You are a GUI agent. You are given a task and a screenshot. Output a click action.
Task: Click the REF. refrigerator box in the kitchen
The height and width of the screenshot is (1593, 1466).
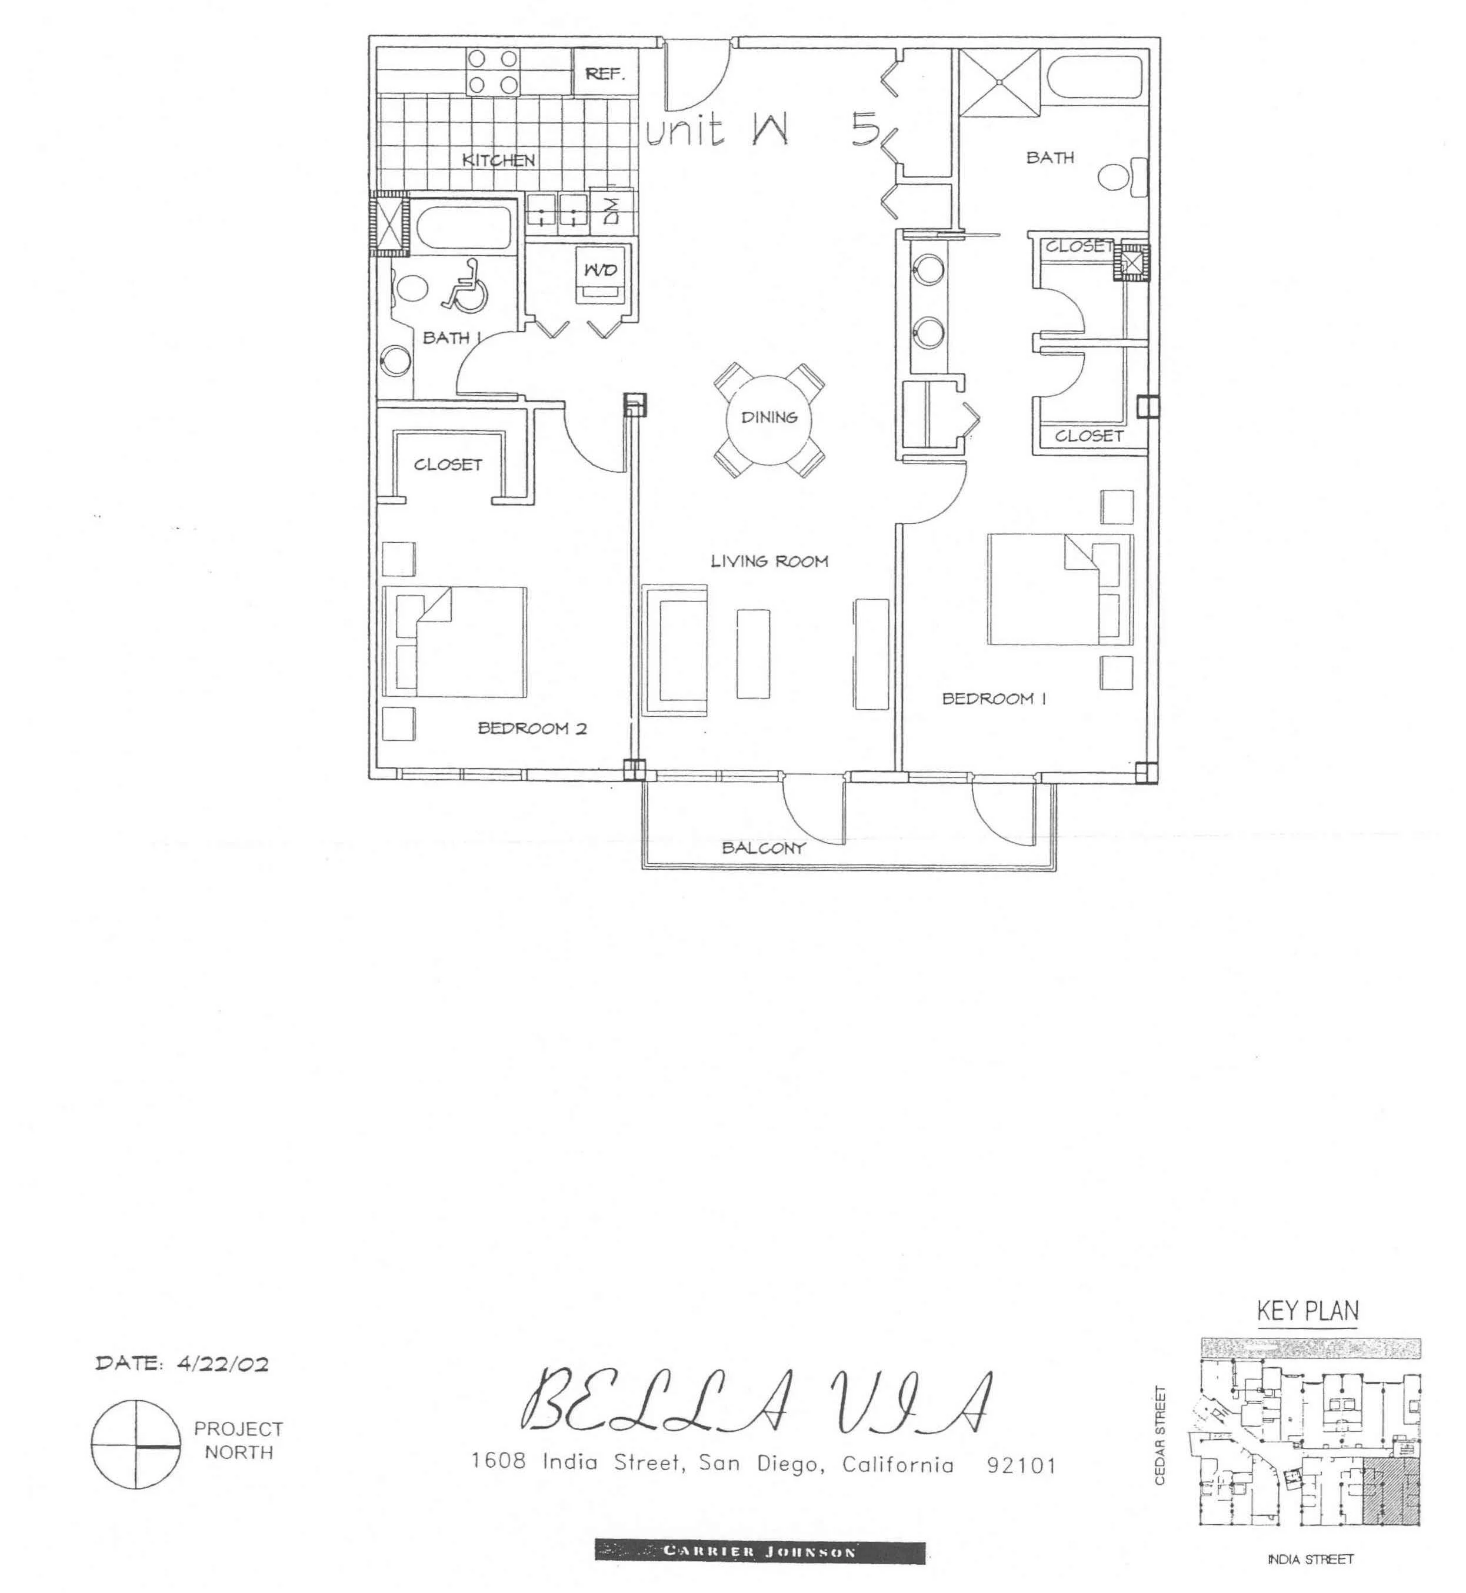pyautogui.click(x=605, y=73)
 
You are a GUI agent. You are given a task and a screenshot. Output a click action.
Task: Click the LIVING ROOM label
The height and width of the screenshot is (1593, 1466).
pyautogui.click(x=769, y=562)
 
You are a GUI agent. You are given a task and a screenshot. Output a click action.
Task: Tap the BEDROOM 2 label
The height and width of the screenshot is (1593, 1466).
pyautogui.click(x=532, y=729)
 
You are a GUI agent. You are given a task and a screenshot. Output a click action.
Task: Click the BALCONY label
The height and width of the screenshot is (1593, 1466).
pyautogui.click(x=763, y=847)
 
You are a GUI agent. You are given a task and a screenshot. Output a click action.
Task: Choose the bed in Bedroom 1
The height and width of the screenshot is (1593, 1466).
pyautogui.click(x=1060, y=589)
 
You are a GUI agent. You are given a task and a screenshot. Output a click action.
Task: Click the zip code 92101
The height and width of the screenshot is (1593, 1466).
pyautogui.click(x=1022, y=1465)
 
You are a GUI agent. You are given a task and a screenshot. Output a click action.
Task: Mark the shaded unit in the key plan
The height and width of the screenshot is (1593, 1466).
pyautogui.click(x=1391, y=1491)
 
